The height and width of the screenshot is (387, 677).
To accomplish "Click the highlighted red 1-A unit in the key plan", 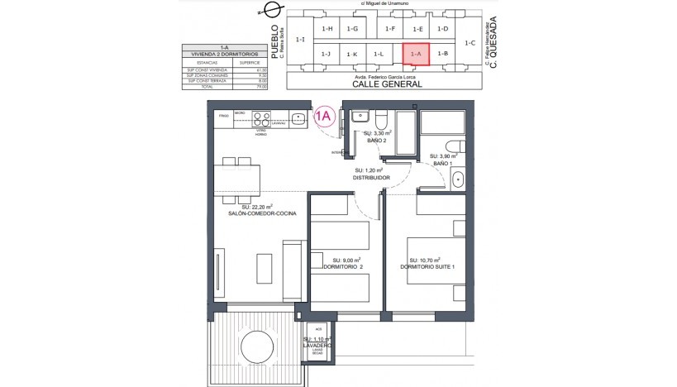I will pos(416,54).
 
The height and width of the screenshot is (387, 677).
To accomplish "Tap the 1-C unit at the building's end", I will pos(470,41).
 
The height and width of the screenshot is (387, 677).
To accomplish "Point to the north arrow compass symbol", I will pos(267,10).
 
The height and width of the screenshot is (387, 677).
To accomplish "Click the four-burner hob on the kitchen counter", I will pos(261,117).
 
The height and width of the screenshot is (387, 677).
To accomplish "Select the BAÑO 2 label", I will pos(377,141).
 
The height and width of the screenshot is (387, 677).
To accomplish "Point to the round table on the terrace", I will pos(251,343).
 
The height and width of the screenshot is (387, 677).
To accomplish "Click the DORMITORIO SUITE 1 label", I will pos(427,266).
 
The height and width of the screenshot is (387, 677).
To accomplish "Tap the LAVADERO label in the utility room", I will pos(317,346).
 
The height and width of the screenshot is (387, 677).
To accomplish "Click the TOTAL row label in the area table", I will pos(201,85).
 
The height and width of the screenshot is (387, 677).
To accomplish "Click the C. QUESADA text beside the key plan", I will pos(493,41).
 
